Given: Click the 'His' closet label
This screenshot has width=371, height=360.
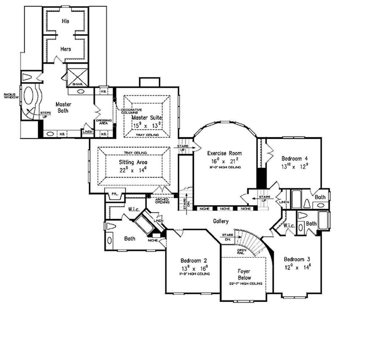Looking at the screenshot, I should point(66,21).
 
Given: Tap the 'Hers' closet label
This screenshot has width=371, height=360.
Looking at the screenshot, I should point(66,49).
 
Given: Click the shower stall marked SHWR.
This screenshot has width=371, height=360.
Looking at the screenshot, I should point(78,76).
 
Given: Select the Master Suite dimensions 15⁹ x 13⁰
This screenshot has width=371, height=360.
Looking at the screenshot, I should point(147,126).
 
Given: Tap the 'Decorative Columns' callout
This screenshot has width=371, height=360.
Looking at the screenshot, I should point(131,111).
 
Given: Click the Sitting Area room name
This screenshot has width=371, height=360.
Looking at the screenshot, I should point(133,162).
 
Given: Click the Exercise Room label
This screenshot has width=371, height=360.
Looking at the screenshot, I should point(224,153).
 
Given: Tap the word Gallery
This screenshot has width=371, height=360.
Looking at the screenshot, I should point(220,221).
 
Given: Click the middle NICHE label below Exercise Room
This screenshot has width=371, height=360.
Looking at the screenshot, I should point(225,209).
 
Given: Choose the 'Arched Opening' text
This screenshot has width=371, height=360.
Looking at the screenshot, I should point(162,201).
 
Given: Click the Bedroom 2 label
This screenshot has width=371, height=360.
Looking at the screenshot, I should point(193,261).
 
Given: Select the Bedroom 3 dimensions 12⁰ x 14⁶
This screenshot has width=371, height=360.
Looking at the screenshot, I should point(297,268).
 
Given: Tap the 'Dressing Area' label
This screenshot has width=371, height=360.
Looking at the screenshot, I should point(104,122).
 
